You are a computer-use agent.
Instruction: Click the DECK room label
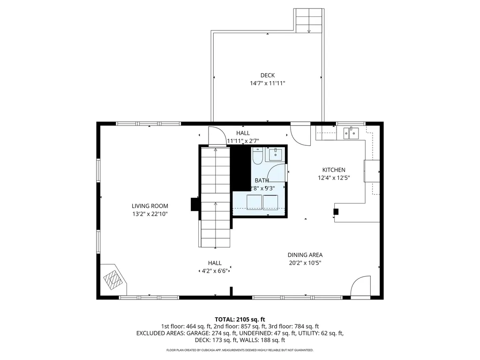pos(267,75)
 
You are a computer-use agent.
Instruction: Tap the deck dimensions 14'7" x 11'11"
pos(267,83)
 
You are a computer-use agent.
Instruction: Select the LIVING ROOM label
pos(150,206)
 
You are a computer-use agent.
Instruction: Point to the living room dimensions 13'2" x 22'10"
pos(150,214)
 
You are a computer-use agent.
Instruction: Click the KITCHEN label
pos(333,170)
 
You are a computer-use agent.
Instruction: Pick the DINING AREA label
pos(305,255)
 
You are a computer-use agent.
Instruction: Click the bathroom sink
pos(275,154)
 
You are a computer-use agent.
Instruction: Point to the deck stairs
pos(309,21)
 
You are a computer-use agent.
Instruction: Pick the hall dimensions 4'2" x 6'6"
pos(215,271)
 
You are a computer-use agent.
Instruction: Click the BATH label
pos(262,180)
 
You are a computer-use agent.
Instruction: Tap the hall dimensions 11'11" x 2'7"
pos(243,141)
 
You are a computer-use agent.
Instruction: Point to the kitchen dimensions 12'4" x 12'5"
pos(333,178)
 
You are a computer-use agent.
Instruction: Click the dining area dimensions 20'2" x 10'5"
pos(305,263)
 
